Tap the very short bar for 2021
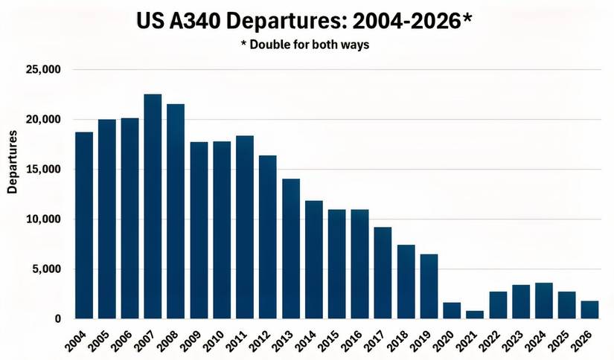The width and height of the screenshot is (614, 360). point(475,315)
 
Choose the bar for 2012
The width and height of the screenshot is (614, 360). point(268,237)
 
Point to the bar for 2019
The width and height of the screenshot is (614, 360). point(429,286)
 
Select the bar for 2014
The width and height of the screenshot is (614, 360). point(314,260)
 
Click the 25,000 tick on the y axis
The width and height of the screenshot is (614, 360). point(43,70)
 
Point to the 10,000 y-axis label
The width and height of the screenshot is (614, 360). point(43,219)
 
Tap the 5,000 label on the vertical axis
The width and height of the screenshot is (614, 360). point(46,269)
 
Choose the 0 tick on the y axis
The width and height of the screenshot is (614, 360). point(57,319)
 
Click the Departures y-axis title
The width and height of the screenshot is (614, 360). point(12,162)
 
